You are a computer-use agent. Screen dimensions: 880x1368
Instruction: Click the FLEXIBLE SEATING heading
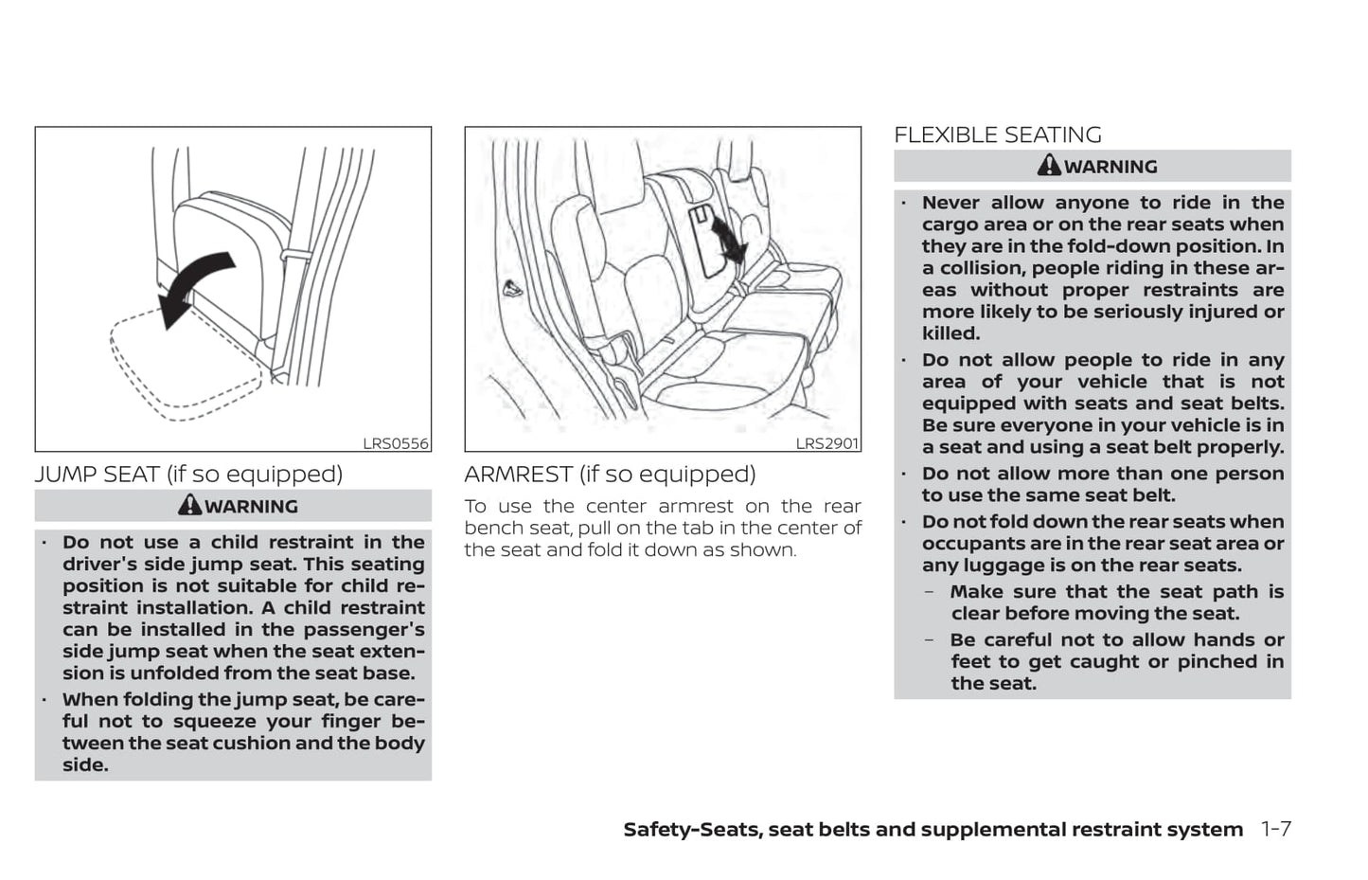pos(997,135)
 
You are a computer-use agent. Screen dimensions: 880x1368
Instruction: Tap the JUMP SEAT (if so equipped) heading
pos(188,474)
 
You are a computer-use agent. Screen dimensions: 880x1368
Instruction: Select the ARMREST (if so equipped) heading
pos(610,474)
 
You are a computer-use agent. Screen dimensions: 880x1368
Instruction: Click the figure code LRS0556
pos(396,443)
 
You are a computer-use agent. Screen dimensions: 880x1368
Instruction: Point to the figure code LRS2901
pos(826,443)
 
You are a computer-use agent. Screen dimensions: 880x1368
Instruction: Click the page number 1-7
pos(1275,829)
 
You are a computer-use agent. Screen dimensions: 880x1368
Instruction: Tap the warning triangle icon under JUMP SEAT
pos(189,505)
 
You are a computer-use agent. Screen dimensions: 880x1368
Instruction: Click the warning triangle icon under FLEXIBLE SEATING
pos(1049,166)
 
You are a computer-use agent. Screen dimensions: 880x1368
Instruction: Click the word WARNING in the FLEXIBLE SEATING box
pos(1110,167)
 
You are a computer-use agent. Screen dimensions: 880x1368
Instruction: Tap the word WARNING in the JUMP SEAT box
pos(251,507)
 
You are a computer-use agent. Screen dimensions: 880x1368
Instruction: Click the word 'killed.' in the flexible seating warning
pos(950,333)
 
